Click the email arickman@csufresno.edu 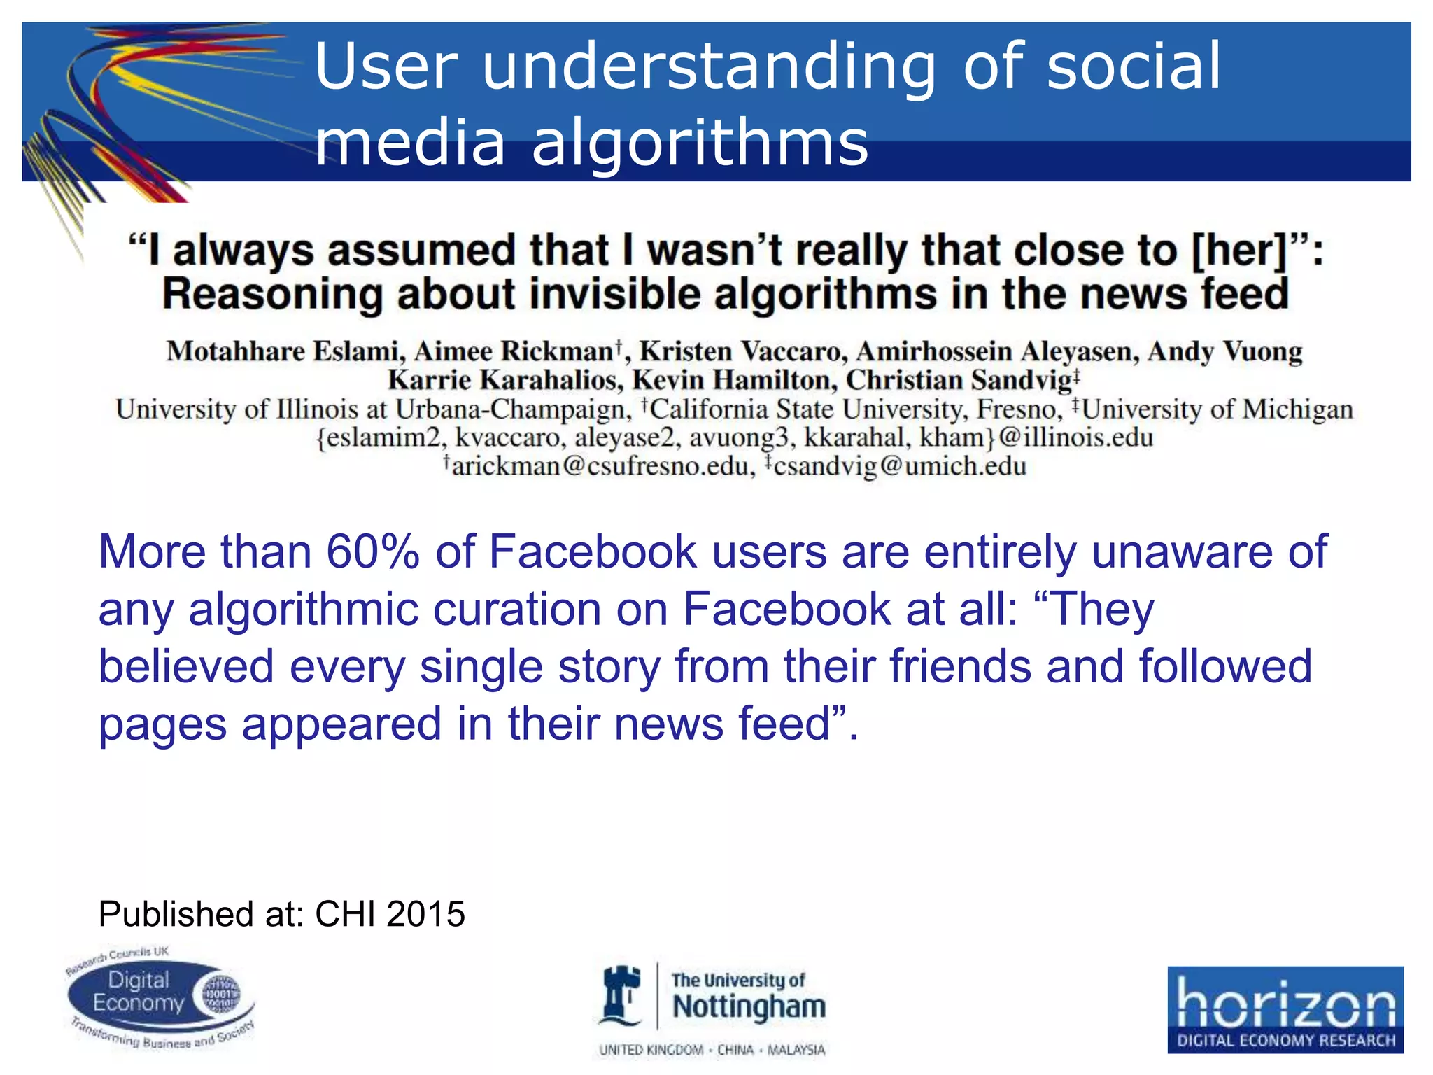click(600, 466)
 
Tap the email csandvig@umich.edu click(899, 466)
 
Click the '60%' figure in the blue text click(372, 552)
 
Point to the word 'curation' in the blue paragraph click(516, 610)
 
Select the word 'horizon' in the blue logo click(1285, 1003)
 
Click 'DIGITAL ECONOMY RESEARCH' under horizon click(1286, 1041)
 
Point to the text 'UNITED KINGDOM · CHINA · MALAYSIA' click(712, 1051)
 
